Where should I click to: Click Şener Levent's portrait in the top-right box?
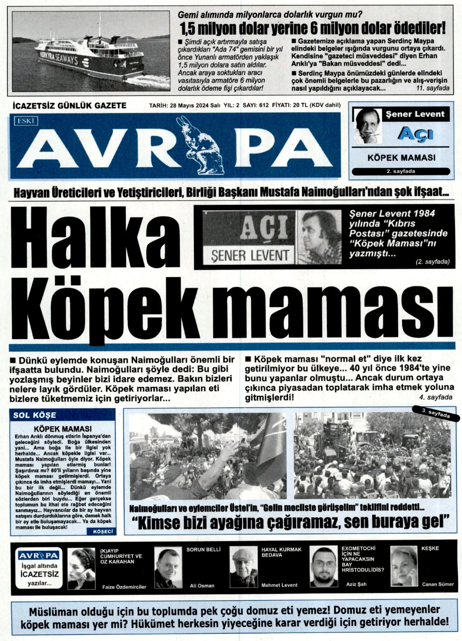point(367,126)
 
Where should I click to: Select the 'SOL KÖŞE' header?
point(35,415)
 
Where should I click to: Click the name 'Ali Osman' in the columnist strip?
point(202,585)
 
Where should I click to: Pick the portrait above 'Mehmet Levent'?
point(244,568)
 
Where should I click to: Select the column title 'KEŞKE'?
point(430,548)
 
